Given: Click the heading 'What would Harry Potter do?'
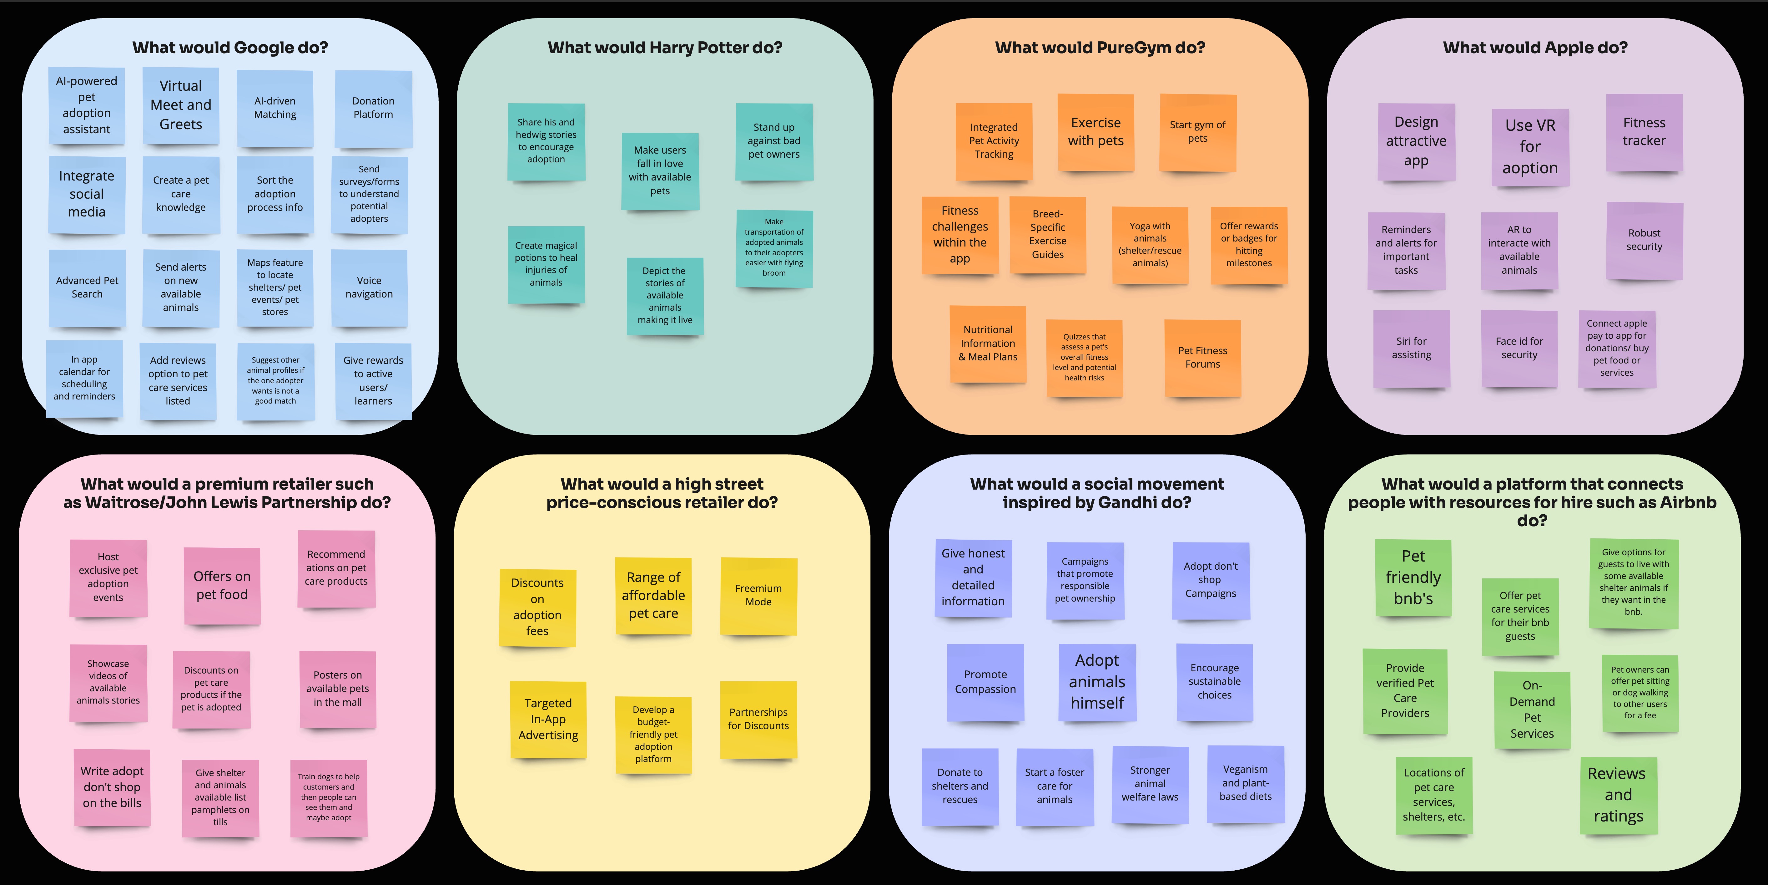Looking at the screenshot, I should (664, 47).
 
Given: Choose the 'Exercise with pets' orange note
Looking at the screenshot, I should (1096, 132).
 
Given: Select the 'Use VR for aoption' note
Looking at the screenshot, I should (1530, 147).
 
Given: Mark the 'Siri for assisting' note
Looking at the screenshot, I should (1411, 348).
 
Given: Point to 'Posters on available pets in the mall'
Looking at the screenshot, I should (338, 689).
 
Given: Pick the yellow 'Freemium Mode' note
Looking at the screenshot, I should (758, 595).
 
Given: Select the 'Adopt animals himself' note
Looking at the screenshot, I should (1097, 682).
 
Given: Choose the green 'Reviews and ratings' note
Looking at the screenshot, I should (1618, 795).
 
